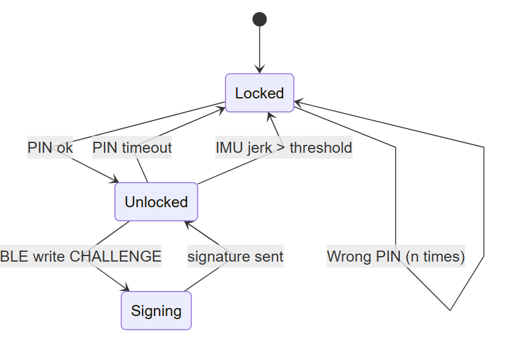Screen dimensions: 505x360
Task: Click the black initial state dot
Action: pyautogui.click(x=260, y=20)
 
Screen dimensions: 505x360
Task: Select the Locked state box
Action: pyautogui.click(x=260, y=93)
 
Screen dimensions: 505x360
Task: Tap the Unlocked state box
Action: pyautogui.click(x=156, y=202)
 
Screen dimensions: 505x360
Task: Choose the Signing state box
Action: pyautogui.click(x=156, y=310)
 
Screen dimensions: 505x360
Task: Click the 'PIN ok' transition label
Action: pyautogui.click(x=50, y=147)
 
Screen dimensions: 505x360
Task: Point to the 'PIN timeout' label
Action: pyautogui.click(x=132, y=147)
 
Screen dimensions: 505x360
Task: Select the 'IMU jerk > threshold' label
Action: pyautogui.click(x=284, y=147)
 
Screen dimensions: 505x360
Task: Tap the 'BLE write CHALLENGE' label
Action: pyautogui.click(x=81, y=256)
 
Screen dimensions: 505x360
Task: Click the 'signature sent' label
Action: pyautogui.click(x=235, y=256)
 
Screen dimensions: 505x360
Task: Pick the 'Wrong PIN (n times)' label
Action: pyautogui.click(x=396, y=256)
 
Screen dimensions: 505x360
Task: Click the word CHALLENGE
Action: pyautogui.click(x=116, y=256)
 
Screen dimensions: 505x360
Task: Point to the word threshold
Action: pyautogui.click(x=321, y=147)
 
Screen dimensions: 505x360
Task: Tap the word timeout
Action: pyautogui.click(x=147, y=147)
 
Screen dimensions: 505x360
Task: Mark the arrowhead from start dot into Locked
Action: pyautogui.click(x=260, y=69)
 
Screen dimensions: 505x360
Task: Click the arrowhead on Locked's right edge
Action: pyautogui.click(x=298, y=103)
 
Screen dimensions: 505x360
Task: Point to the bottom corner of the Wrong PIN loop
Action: pyautogui.click(x=450, y=310)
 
